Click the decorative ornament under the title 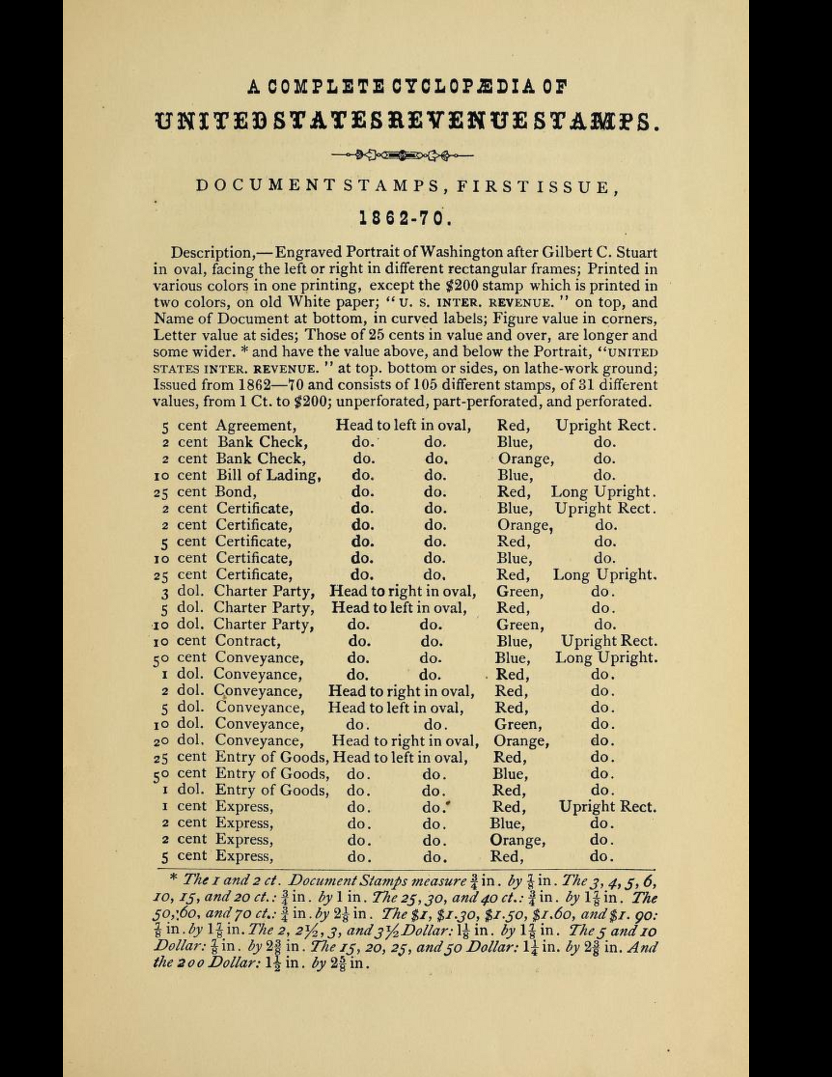click(x=402, y=154)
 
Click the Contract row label click(x=248, y=641)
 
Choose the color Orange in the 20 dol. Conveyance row click(x=521, y=740)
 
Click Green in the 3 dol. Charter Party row click(x=519, y=591)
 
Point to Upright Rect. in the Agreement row click(x=606, y=425)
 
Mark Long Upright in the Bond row click(x=603, y=492)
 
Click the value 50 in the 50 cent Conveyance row click(x=161, y=658)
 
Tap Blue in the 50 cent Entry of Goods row click(x=510, y=774)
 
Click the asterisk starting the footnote click(x=173, y=880)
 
